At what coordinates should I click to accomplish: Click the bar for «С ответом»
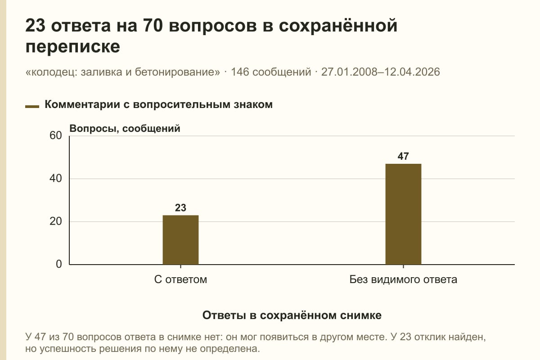180,240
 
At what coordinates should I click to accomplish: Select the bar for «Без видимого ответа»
403,214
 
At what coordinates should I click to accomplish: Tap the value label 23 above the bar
180,207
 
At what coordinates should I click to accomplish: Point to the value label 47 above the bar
403,156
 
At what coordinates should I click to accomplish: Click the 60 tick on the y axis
56,135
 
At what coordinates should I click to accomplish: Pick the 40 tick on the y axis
56,179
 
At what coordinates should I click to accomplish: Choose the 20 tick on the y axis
56,221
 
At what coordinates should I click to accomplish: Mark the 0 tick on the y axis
59,264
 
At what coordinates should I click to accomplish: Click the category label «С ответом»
180,279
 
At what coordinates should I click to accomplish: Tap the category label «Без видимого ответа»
403,279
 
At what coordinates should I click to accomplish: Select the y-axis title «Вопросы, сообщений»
125,129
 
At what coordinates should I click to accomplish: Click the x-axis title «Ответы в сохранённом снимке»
292,315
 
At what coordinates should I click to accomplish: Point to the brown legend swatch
32,107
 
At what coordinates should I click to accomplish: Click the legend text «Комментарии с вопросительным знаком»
158,104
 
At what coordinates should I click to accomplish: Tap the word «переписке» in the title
72,46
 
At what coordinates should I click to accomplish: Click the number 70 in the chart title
153,25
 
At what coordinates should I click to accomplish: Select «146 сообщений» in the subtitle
271,72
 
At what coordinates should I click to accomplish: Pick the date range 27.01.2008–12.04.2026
380,72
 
